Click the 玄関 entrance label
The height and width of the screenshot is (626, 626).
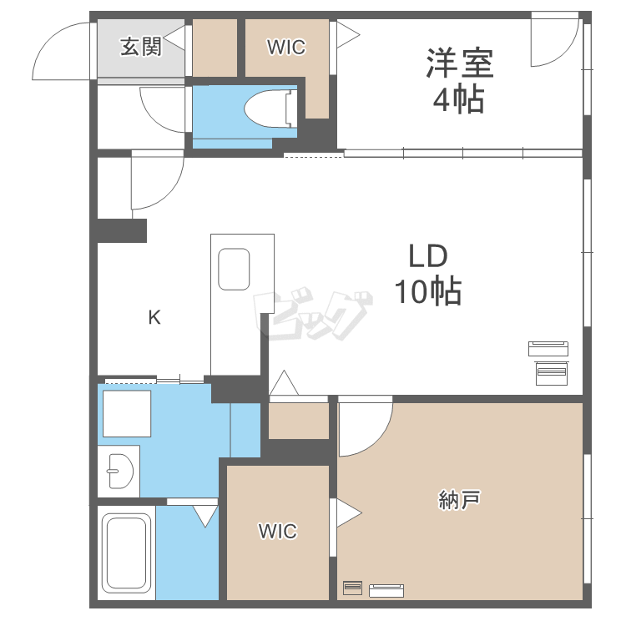140,46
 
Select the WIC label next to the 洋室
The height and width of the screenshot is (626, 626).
286,48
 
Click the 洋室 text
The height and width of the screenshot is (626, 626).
460,63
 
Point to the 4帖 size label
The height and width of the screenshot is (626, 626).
457,100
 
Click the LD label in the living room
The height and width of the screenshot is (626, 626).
428,255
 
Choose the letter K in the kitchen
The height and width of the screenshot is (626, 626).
154,317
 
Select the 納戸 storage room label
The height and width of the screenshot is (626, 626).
459,500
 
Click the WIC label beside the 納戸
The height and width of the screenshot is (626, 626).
277,532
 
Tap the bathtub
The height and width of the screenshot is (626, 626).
126,552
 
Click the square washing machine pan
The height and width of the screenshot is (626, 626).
126,412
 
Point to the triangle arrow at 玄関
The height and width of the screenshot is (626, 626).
174,39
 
